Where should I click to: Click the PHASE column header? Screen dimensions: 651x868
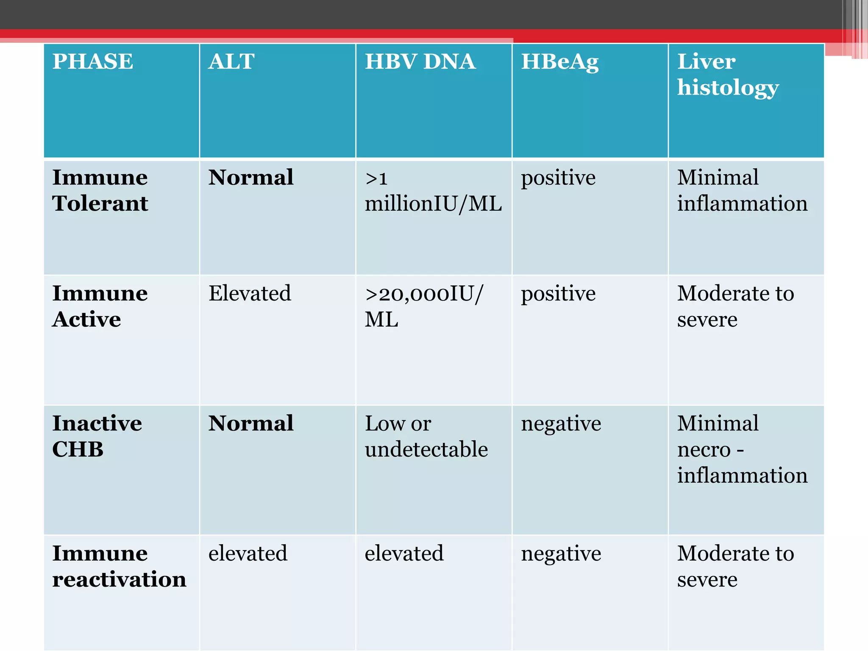[x=93, y=61]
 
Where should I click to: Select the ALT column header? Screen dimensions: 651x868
[x=231, y=61]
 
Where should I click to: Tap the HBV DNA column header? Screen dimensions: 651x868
[x=420, y=61]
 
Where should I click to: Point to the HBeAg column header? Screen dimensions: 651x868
[x=560, y=62]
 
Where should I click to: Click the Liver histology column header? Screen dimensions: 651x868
[x=728, y=75]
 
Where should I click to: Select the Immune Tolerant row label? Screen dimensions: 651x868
[x=100, y=190]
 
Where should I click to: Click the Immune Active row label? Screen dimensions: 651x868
[x=100, y=306]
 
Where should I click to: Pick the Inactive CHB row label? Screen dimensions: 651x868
[x=97, y=436]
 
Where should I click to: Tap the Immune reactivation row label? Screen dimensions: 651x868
[x=119, y=566]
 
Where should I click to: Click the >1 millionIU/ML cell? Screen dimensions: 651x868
[x=433, y=191]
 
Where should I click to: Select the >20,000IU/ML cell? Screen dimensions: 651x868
[x=424, y=306]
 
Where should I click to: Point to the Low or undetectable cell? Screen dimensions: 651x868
[x=426, y=436]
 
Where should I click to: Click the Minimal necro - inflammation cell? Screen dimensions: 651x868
[x=742, y=449]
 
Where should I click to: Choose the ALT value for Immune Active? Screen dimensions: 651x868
[x=250, y=293]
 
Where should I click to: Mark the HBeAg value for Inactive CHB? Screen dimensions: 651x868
[x=561, y=423]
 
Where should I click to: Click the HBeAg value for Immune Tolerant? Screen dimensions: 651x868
[x=558, y=178]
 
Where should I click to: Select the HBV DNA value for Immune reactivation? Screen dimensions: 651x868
[x=404, y=553]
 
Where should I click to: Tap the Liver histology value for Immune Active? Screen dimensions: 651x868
[x=735, y=306]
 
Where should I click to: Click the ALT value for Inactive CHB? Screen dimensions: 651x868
[x=251, y=423]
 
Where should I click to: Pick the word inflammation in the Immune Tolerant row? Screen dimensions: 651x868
[x=742, y=203]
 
